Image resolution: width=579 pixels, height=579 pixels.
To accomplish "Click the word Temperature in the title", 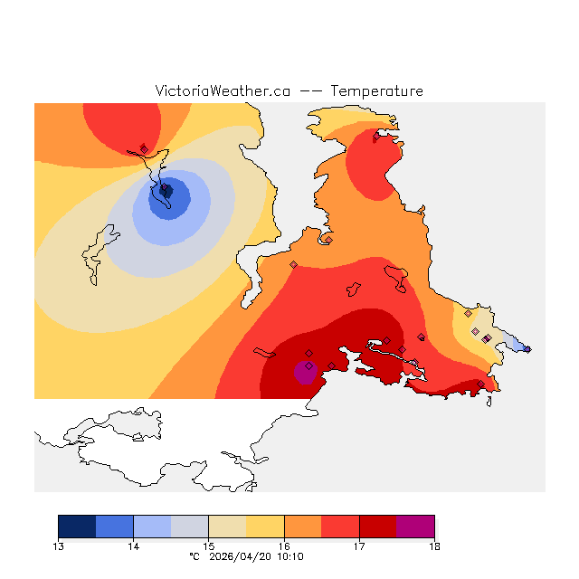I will (x=376, y=91).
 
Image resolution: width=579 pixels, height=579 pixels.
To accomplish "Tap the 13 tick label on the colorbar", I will (x=59, y=546).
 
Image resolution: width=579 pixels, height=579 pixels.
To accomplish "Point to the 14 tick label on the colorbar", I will (x=133, y=546).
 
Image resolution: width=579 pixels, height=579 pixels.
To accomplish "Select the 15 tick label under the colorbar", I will (x=208, y=546).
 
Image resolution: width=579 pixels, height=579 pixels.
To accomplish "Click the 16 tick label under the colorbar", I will (x=284, y=546).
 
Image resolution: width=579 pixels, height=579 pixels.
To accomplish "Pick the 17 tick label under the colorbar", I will (x=359, y=546).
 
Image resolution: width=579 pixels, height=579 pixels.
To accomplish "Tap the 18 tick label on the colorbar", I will (x=434, y=546).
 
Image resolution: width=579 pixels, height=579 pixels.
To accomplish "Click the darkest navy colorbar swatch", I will (x=77, y=527).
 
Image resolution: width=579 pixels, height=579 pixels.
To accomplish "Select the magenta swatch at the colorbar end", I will (x=415, y=527).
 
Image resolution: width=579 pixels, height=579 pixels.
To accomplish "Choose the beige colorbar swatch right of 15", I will (x=227, y=527).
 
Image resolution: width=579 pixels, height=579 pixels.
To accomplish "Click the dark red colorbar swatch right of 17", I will (x=378, y=527).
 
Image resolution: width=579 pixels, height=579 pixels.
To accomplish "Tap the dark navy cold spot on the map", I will (x=166, y=191).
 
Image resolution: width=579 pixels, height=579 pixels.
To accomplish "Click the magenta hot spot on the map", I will (x=305, y=371).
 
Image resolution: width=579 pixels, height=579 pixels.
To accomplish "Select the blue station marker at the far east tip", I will (x=527, y=349).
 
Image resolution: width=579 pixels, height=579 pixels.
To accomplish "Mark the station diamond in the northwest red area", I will (x=144, y=148).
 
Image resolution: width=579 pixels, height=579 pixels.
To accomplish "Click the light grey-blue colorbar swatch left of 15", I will (x=190, y=527).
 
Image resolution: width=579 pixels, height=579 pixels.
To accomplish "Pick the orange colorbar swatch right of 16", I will (x=303, y=527).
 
